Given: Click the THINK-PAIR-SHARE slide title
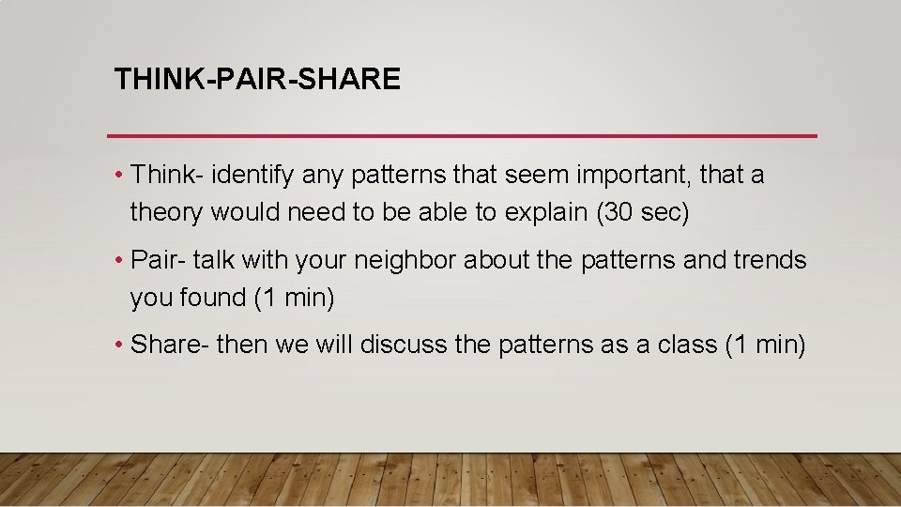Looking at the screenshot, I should pyautogui.click(x=257, y=79).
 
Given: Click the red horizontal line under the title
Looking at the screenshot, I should pyautogui.click(x=462, y=136).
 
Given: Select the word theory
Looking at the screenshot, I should pyautogui.click(x=166, y=213).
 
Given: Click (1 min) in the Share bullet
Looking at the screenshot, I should pyautogui.click(x=765, y=345).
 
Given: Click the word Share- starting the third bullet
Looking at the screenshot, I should pyautogui.click(x=169, y=345).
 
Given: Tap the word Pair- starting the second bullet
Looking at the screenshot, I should pyautogui.click(x=160, y=260).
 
